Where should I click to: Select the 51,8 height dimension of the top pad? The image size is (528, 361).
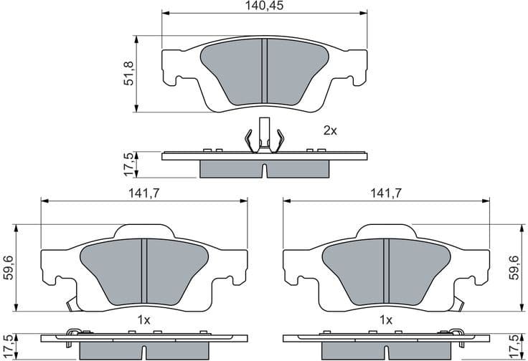click(x=130, y=74)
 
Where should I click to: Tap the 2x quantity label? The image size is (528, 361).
click(x=329, y=130)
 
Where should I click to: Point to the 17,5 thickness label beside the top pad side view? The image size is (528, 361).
click(x=130, y=164)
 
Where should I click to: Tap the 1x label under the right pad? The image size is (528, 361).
click(x=386, y=319)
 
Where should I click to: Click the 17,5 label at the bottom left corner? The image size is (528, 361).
click(x=9, y=347)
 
